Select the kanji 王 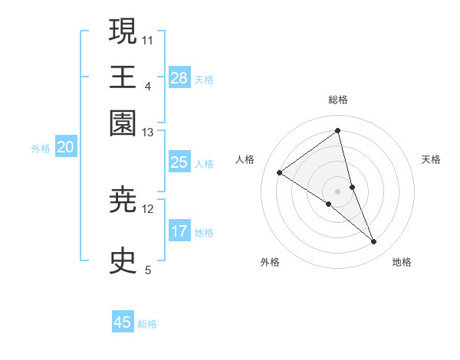123,77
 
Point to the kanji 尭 123,201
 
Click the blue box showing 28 179,78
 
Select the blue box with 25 179,162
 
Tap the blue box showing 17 179,231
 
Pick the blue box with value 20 65,148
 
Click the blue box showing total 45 123,322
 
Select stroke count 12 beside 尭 148,208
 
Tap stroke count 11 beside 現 148,39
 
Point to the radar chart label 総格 338,100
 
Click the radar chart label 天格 432,159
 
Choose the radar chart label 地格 402,262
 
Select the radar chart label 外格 270,262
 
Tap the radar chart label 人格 245,159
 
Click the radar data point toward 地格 374,242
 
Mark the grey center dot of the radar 338,191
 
